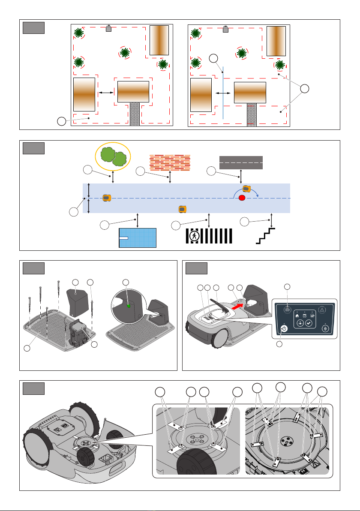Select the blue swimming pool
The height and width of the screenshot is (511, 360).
pos(138,238)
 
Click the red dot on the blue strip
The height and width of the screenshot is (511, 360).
pos(242,198)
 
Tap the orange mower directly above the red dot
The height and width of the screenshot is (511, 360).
pos(246,189)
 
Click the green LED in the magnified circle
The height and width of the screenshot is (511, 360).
pos(128,306)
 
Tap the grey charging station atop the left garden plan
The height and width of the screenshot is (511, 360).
pos(108,29)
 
